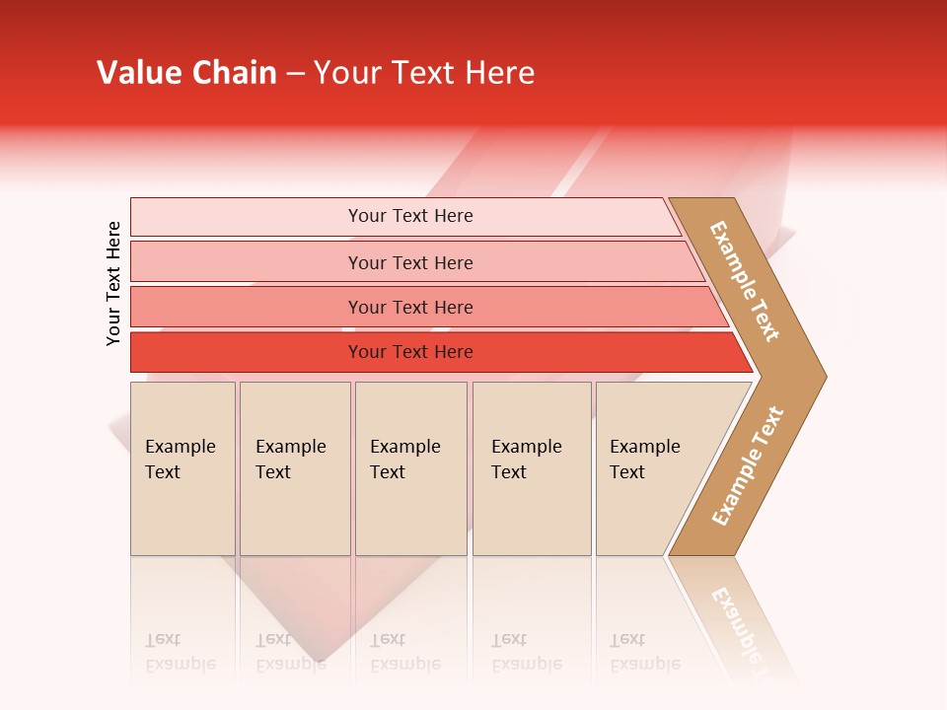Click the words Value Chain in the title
click(186, 73)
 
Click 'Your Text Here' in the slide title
click(424, 73)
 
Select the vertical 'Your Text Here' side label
click(113, 283)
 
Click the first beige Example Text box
click(182, 468)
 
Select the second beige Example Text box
click(295, 468)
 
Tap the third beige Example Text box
click(410, 468)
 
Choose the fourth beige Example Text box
click(532, 468)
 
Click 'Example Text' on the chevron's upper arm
click(745, 281)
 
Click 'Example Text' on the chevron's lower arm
click(748, 466)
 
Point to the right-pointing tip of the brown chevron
click(821, 376)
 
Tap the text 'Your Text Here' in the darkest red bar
click(410, 352)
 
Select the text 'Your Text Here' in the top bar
click(410, 216)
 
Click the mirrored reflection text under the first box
click(180, 652)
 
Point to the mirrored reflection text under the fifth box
click(644, 652)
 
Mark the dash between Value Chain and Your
click(295, 74)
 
